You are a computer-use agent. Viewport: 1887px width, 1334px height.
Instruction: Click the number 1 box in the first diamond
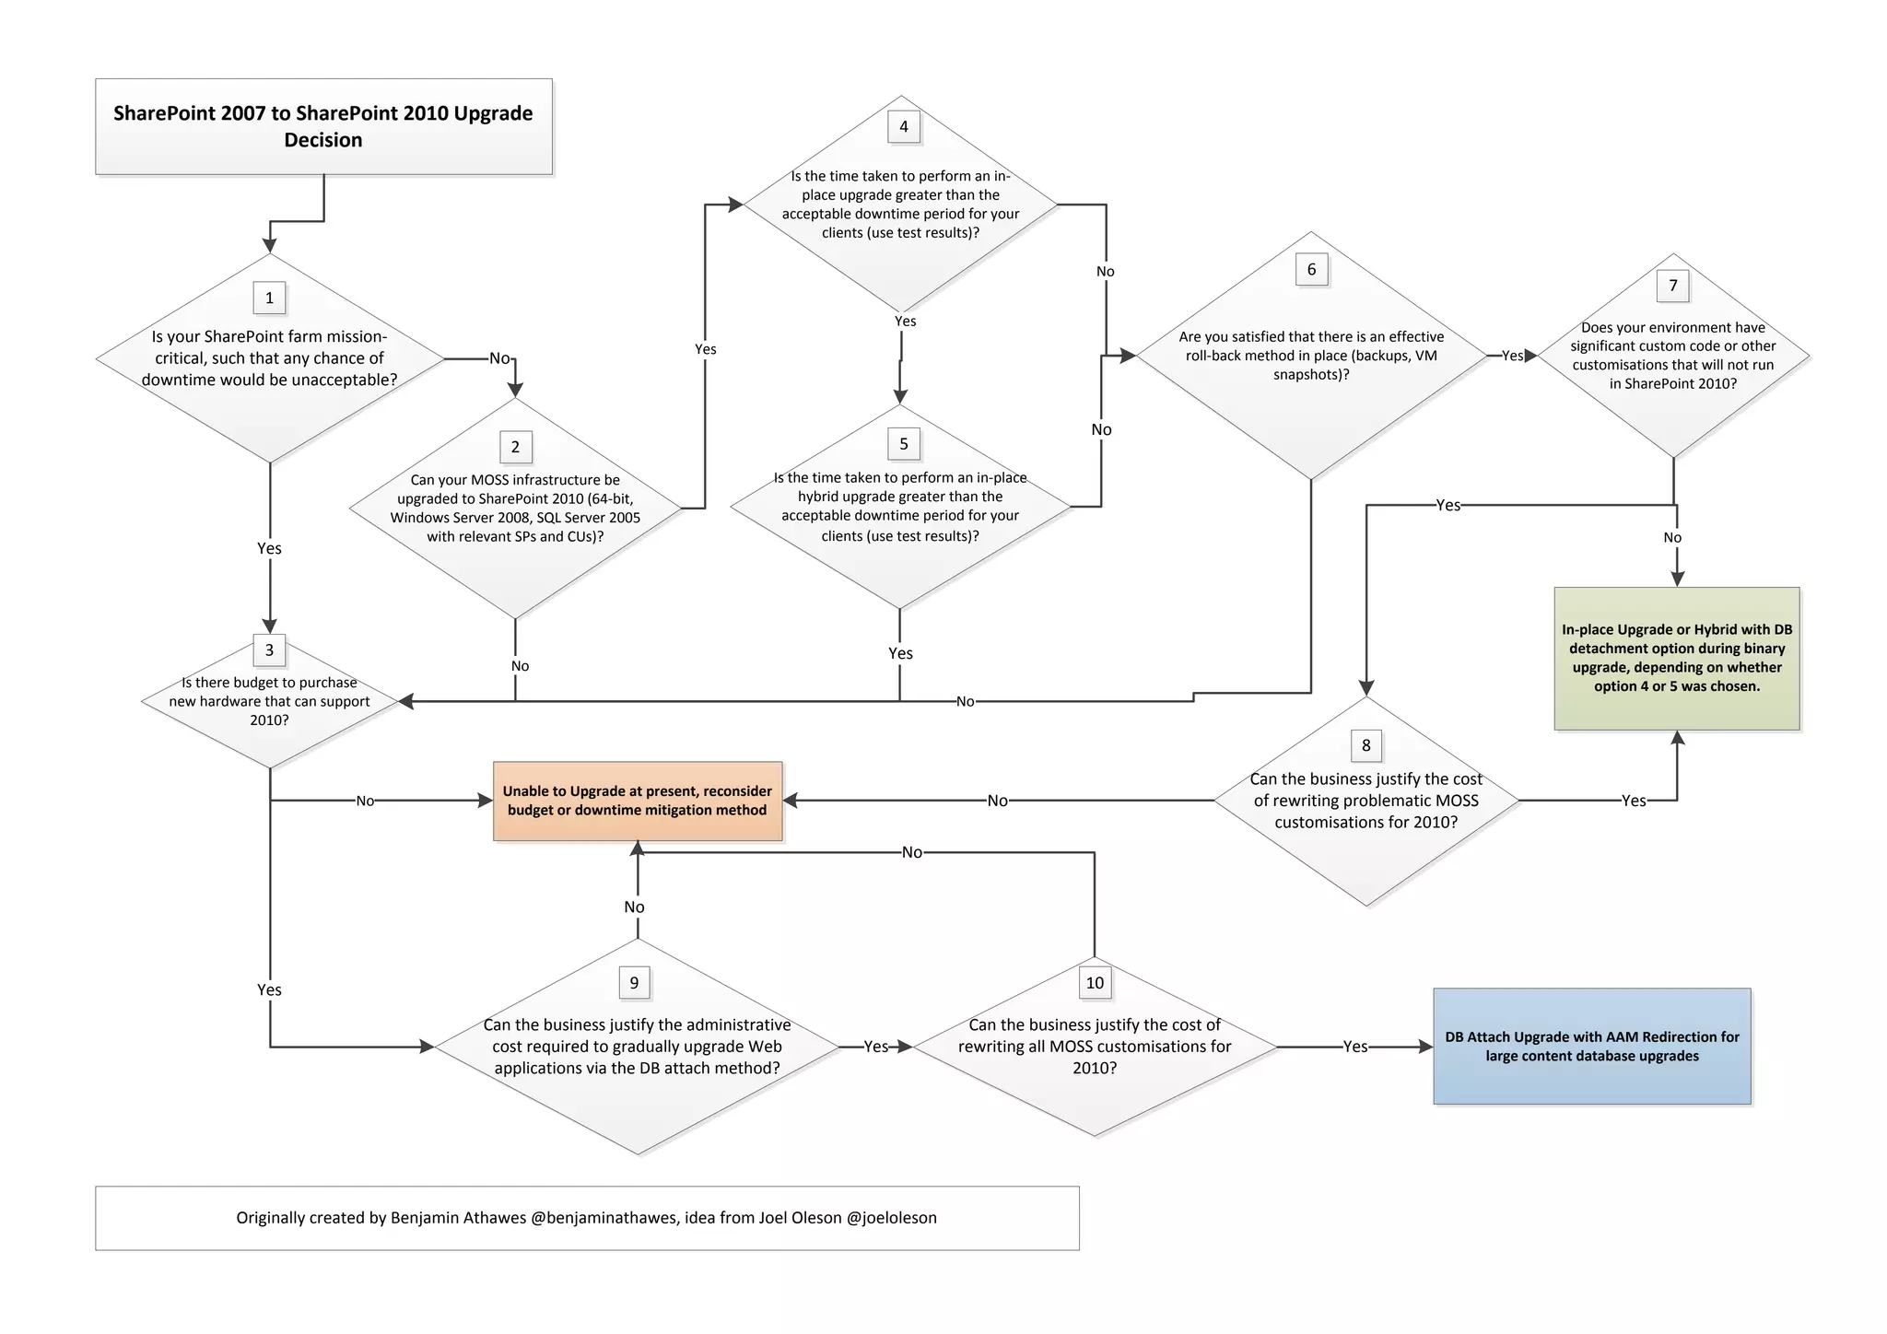coord(269,298)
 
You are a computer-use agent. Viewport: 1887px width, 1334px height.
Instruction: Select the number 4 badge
coord(903,126)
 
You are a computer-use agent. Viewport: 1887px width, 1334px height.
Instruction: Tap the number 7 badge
coord(1673,285)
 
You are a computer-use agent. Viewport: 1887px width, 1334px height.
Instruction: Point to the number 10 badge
coord(1095,982)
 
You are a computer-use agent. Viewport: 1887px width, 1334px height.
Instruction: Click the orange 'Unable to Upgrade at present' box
coord(638,801)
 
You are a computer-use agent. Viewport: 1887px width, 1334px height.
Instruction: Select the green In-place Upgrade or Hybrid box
coord(1677,658)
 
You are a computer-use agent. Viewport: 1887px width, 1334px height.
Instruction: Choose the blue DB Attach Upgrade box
coord(1592,1047)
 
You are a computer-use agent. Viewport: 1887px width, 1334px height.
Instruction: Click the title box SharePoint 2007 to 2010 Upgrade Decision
coord(323,126)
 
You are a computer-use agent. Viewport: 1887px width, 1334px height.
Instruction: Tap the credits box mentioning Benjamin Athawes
coord(587,1218)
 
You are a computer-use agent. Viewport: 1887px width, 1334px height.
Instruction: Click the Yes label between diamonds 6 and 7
coord(1512,356)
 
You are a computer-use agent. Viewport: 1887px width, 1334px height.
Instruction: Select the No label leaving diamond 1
coord(499,358)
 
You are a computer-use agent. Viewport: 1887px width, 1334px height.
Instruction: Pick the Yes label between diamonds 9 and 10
coord(875,1047)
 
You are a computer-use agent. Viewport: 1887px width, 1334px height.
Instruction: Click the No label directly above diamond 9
coord(634,907)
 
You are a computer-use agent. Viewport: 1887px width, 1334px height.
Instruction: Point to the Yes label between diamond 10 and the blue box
coord(1354,1047)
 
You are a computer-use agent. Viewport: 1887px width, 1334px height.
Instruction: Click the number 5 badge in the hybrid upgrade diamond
coord(903,443)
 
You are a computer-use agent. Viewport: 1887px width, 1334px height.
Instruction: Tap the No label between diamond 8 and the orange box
coord(997,801)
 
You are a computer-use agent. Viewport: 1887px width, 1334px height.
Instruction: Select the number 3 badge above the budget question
coord(269,649)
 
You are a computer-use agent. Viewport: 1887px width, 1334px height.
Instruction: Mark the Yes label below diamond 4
coord(905,321)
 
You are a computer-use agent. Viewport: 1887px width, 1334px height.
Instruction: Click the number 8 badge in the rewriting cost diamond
coord(1365,745)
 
